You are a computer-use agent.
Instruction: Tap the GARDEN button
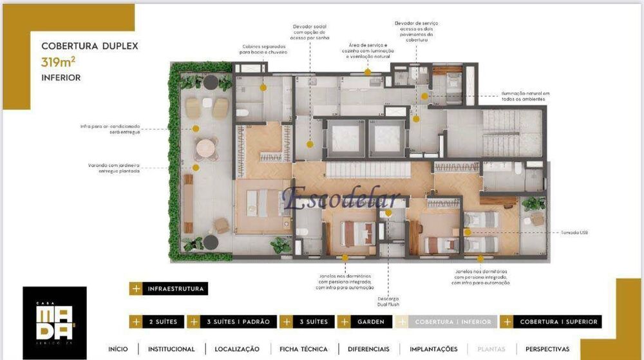click(x=365, y=321)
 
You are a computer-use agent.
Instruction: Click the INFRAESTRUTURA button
click(x=168, y=289)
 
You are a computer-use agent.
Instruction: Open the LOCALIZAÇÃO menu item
click(x=237, y=349)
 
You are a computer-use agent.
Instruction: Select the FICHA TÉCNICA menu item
click(x=303, y=349)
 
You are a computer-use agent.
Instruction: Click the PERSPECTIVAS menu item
click(x=547, y=349)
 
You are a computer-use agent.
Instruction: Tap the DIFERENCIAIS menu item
click(x=368, y=349)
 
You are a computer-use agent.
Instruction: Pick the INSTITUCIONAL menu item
click(x=171, y=349)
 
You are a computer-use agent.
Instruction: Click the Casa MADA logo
click(x=54, y=323)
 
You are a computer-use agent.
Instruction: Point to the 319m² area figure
click(x=59, y=62)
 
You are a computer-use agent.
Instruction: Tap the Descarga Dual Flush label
click(x=388, y=301)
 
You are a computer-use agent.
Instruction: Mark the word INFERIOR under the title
click(x=61, y=78)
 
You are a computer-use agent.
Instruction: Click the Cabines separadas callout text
click(x=264, y=49)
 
